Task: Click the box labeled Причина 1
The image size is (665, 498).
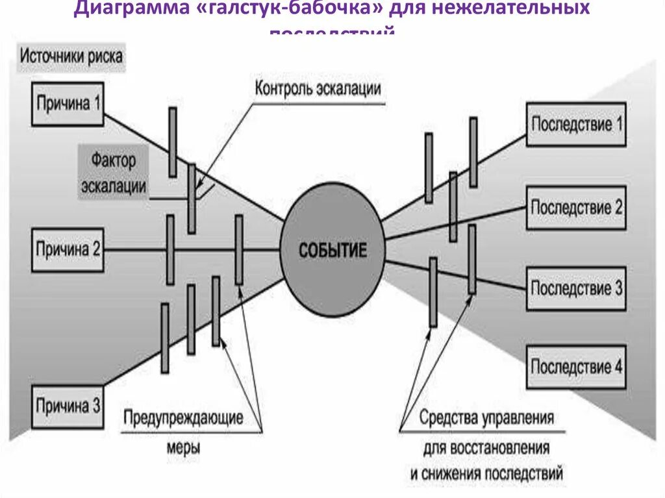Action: tap(68, 103)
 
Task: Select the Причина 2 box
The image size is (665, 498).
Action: tap(68, 249)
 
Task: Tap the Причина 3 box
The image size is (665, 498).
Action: tap(68, 407)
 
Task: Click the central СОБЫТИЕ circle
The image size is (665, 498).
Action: tap(332, 250)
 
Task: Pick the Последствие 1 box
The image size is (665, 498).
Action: tap(576, 124)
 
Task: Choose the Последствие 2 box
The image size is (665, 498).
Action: tap(576, 208)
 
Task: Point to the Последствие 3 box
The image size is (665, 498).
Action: tap(576, 288)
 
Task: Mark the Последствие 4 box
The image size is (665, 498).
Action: tap(576, 367)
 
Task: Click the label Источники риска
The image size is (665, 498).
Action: tap(71, 56)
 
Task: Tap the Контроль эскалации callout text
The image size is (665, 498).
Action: tap(318, 89)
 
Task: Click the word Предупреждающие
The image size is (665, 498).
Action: tap(183, 417)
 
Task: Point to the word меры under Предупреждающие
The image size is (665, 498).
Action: tap(183, 447)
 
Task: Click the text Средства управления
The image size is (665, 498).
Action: tap(486, 417)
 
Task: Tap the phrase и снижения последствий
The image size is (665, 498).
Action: tap(486, 472)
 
